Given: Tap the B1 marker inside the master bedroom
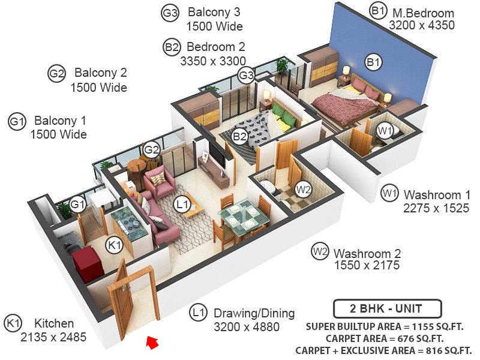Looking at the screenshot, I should tap(374, 62).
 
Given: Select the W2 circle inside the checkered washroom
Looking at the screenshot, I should tap(304, 190).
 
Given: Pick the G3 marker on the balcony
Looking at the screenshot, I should tap(246, 76).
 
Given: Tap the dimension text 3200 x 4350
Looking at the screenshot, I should tap(422, 26).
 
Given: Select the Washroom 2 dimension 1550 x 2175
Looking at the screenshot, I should tap(367, 265).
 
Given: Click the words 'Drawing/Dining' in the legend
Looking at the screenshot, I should tap(254, 313).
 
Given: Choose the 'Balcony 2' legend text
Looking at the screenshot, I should tap(101, 73).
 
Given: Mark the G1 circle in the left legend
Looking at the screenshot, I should tap(16, 121).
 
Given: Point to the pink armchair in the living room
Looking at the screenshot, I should tap(158, 181).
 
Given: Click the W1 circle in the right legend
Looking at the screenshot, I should tap(389, 194).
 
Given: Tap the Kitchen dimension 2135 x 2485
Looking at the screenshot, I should tap(54, 337).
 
